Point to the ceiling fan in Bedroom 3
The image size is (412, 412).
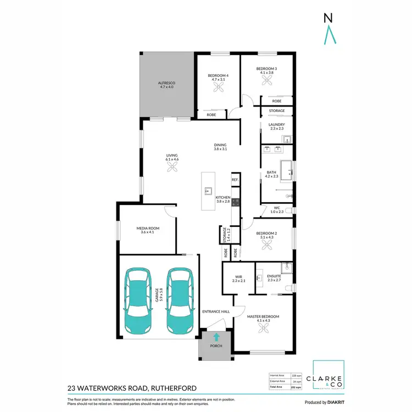268,81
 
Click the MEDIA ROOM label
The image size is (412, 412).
148,230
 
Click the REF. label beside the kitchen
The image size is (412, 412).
235,180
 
